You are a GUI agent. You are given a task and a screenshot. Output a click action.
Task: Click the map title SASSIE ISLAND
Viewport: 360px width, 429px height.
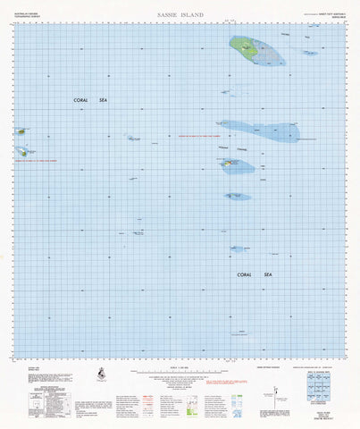pos(180,16)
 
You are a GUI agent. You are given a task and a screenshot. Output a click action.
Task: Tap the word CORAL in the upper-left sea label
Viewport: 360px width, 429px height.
pos(83,101)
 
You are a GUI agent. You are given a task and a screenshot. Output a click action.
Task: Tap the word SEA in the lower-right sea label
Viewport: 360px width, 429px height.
pos(265,274)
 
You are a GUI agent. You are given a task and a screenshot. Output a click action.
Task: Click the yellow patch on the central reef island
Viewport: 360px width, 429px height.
pos(230,163)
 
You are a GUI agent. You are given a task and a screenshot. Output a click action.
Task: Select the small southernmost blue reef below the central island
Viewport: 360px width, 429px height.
pos(238,196)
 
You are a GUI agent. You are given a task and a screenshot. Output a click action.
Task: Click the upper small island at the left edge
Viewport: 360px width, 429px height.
pos(20,131)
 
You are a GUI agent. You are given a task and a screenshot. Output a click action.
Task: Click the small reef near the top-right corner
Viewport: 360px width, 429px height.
pos(309,53)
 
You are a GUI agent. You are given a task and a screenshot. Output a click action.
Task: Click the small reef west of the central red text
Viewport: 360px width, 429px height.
pos(133,138)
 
